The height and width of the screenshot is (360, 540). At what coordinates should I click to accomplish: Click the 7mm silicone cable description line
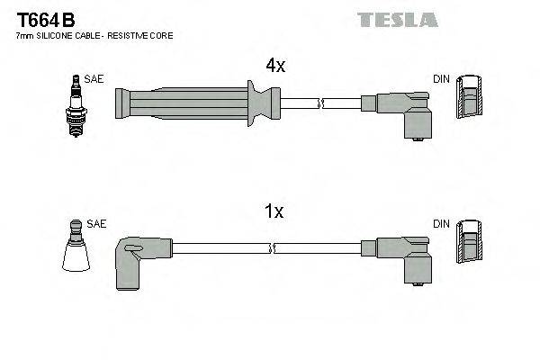94,35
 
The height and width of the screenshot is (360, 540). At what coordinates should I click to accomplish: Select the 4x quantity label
274,66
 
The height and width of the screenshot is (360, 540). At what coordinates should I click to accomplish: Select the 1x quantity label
274,212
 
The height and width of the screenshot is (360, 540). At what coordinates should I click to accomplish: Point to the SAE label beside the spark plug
94,79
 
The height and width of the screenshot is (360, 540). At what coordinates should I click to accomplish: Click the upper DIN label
441,79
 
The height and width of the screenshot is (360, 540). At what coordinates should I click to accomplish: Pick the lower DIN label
441,223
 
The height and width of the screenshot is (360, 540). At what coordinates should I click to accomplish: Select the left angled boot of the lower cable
138,256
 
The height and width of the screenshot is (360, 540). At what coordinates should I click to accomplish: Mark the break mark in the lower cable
273,246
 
